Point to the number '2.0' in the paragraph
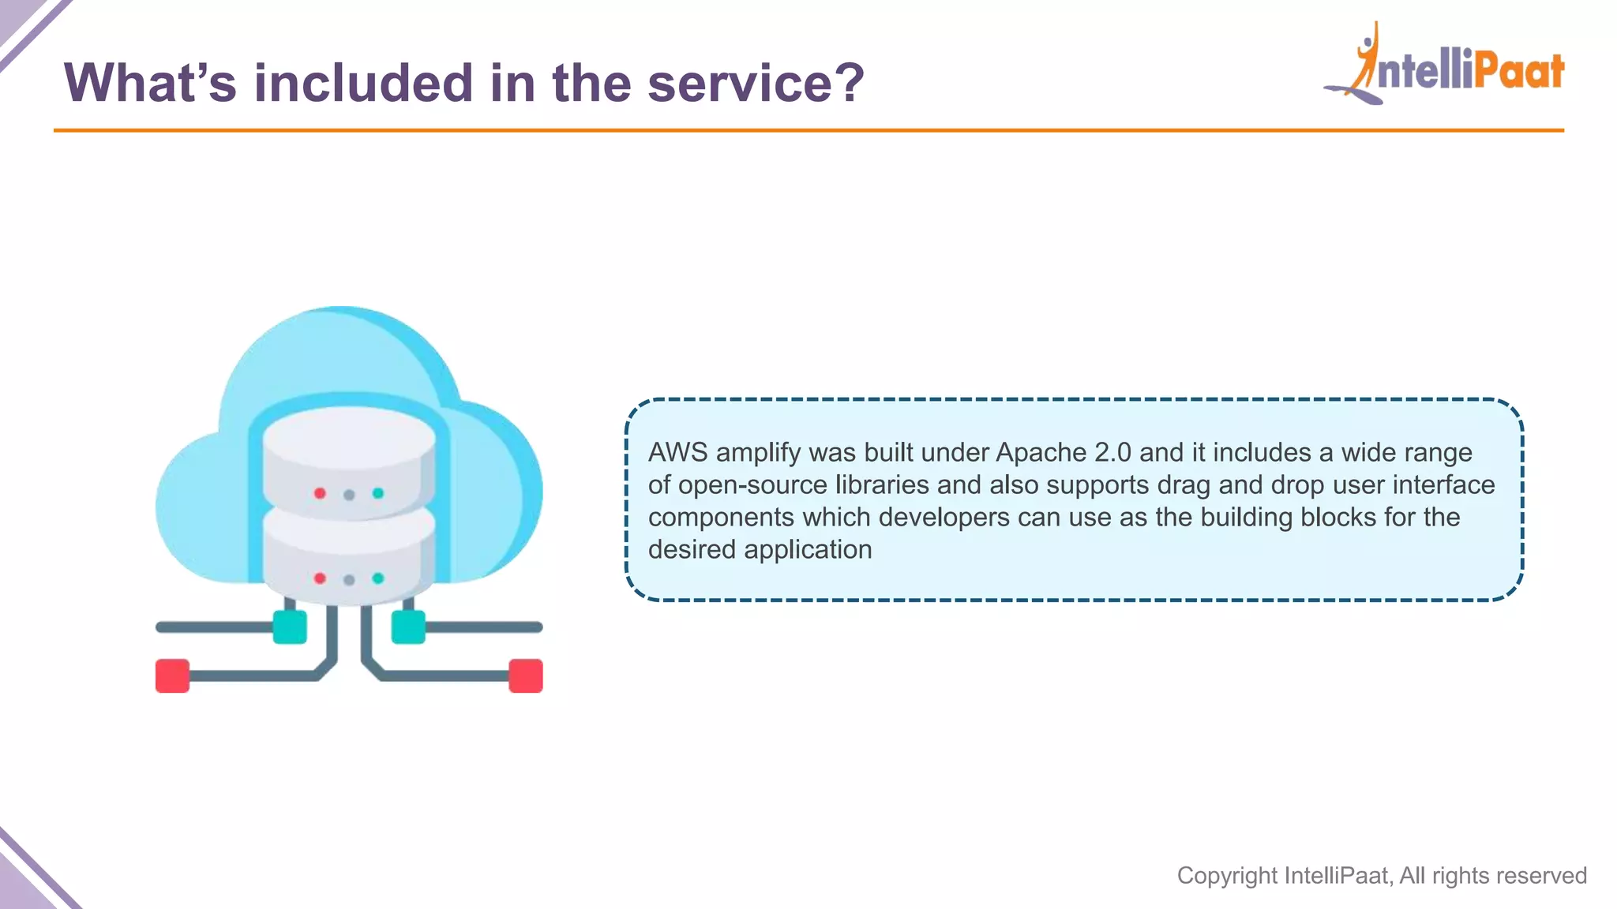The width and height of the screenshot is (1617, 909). coord(1112,453)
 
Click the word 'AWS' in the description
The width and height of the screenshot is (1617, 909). coord(677,453)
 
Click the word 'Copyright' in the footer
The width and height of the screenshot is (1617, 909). coord(1227,876)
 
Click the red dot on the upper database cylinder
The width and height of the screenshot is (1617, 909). coord(320,493)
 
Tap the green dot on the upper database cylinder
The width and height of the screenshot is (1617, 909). coord(378,493)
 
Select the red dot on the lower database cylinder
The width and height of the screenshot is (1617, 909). coord(320,578)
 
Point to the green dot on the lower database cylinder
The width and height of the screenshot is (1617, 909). coord(378,578)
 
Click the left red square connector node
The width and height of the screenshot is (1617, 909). coord(172,675)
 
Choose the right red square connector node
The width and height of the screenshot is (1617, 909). coord(526,675)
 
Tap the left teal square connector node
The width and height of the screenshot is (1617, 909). coord(290,627)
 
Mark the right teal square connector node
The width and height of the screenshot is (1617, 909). coord(408,627)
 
